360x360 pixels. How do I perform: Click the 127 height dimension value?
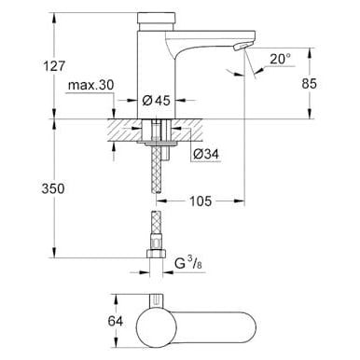pos(54,66)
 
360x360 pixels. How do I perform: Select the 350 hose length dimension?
pos(53,188)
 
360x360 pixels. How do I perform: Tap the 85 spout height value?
pos(309,84)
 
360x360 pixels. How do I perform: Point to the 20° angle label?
pos(280,59)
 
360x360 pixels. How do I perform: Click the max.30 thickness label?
pos(91,85)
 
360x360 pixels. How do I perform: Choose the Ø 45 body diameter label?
pos(157,101)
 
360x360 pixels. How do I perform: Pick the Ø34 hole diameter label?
pos(206,154)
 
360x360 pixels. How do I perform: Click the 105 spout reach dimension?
pos(201,201)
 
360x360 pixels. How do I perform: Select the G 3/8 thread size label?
pos(188,264)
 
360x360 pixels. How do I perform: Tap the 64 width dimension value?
pos(116,321)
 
